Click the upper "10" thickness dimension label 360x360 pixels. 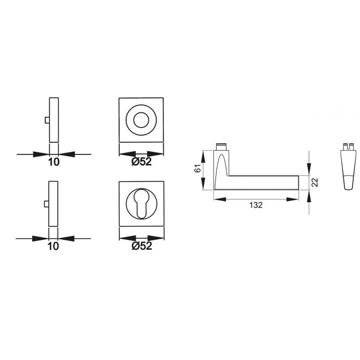pyautogui.click(x=54, y=162)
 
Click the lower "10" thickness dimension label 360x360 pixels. pyautogui.click(x=53, y=246)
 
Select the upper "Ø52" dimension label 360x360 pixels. pyautogui.click(x=141, y=162)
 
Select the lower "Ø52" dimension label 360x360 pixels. pyautogui.click(x=142, y=246)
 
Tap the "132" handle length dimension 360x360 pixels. pyautogui.click(x=256, y=205)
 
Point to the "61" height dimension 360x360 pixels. pyautogui.click(x=198, y=168)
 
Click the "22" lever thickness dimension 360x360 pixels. pyautogui.click(x=315, y=183)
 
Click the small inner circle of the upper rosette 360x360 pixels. pyautogui.click(x=141, y=120)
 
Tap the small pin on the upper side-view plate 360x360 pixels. pyautogui.click(x=47, y=120)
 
